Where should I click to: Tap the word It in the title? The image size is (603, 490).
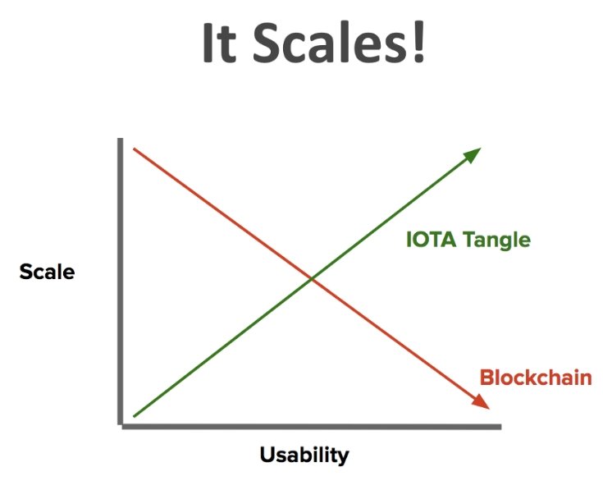219,43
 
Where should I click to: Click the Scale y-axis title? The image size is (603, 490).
47,272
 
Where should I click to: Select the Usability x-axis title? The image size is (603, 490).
304,456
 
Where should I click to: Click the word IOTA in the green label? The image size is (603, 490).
431,239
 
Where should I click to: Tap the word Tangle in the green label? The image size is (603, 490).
496,240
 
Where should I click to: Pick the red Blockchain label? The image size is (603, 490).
536,378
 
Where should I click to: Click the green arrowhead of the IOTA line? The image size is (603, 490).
473,154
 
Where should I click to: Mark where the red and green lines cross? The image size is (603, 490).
312,279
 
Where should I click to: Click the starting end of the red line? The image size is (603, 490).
134,149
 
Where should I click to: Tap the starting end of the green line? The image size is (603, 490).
134,416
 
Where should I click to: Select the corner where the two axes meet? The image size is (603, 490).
121,426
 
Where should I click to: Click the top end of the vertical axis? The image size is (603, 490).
121,139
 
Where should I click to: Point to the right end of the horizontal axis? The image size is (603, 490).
500,427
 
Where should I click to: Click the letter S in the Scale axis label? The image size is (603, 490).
25,272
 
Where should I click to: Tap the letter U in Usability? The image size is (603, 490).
267,454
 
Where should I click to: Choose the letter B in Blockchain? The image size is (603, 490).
487,378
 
